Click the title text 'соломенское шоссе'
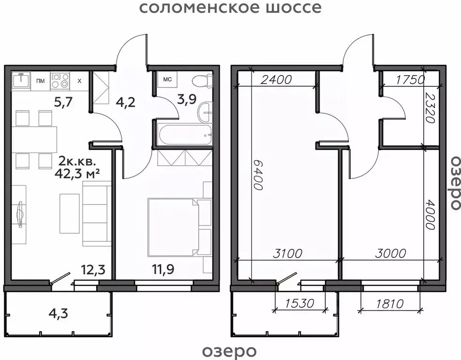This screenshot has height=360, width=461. point(230,8)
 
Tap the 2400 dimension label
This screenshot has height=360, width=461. point(277,79)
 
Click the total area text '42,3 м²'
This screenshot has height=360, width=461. point(79,173)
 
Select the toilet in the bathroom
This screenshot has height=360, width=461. point(202,80)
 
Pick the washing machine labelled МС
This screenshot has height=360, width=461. point(167,79)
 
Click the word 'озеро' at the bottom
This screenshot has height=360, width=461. point(230,351)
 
